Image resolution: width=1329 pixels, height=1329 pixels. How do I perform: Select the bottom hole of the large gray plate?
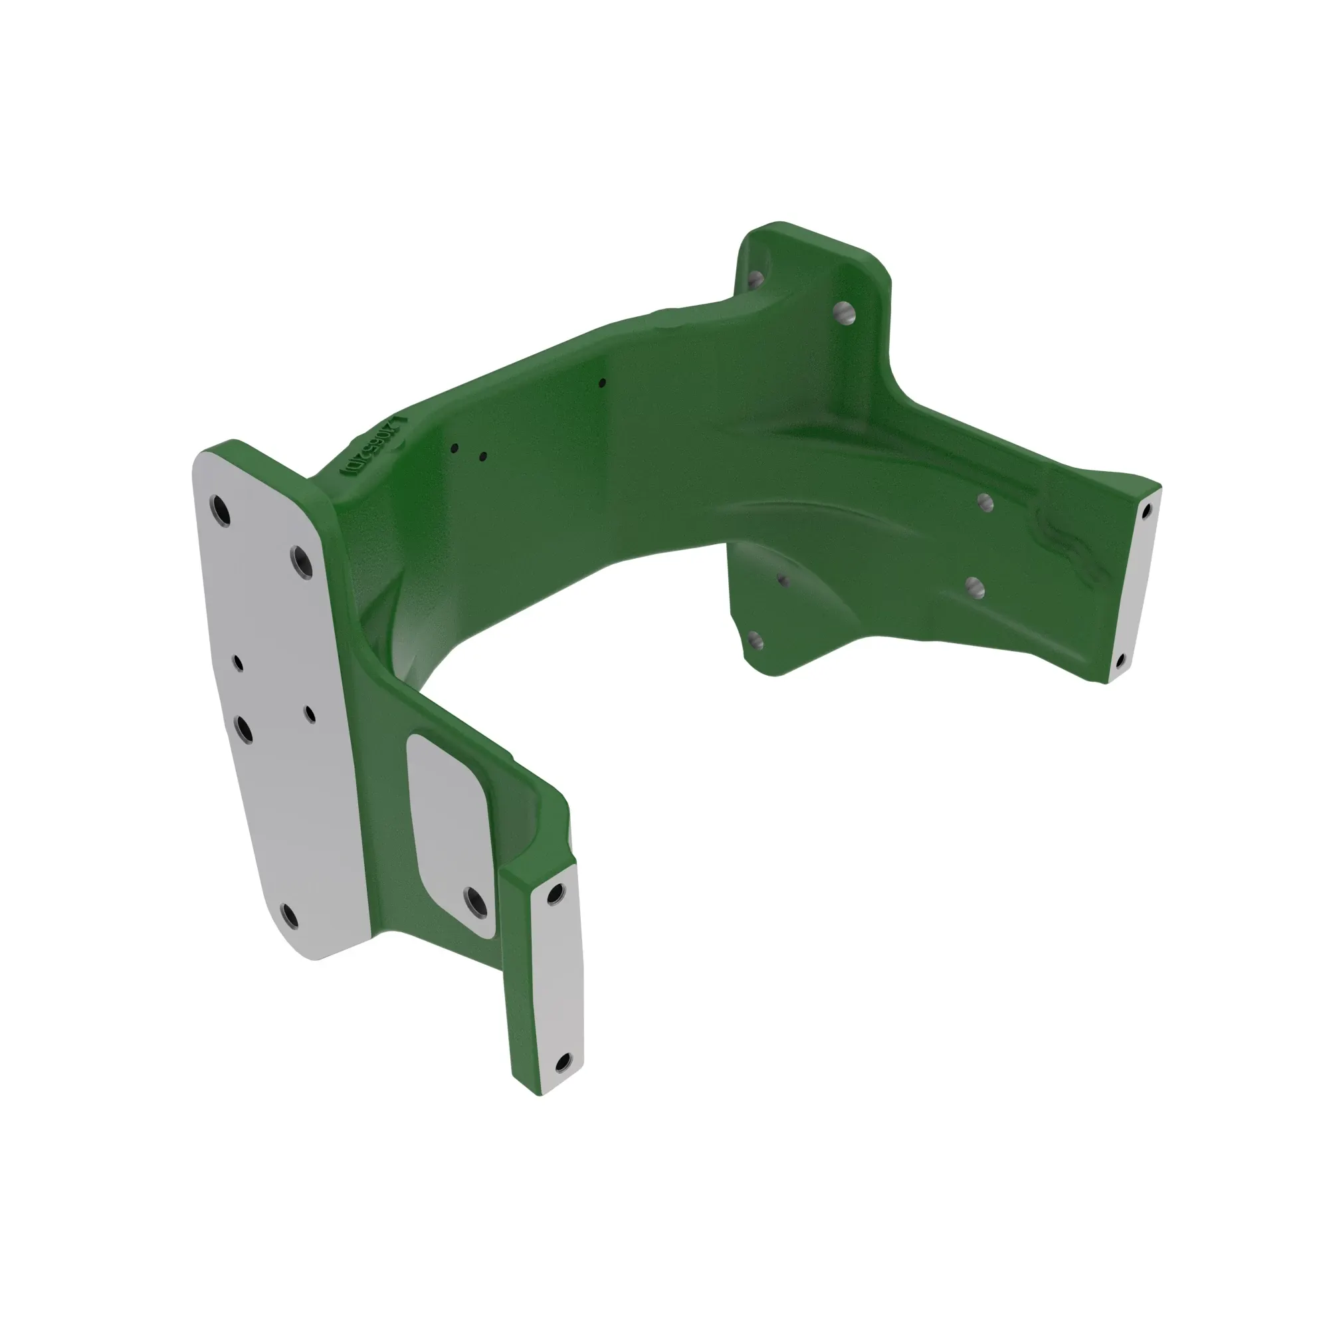tap(290, 915)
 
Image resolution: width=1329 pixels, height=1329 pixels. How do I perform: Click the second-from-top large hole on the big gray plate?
tap(301, 562)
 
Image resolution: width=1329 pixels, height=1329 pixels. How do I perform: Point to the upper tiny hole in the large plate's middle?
tap(238, 663)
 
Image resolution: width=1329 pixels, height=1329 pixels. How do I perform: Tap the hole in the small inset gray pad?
tap(475, 902)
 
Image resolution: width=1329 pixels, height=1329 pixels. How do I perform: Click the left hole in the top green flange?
tap(756, 278)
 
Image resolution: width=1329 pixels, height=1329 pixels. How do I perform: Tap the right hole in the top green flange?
tap(843, 314)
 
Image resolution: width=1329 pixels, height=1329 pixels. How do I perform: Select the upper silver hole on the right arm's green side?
tap(985, 503)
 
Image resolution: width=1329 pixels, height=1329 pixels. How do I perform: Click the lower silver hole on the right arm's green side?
tap(975, 587)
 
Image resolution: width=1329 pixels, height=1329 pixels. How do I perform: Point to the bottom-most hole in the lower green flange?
tap(756, 641)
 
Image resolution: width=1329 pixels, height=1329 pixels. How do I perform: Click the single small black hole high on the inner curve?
tap(602, 383)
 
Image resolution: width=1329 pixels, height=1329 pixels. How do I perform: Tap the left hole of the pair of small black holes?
tap(455, 449)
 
